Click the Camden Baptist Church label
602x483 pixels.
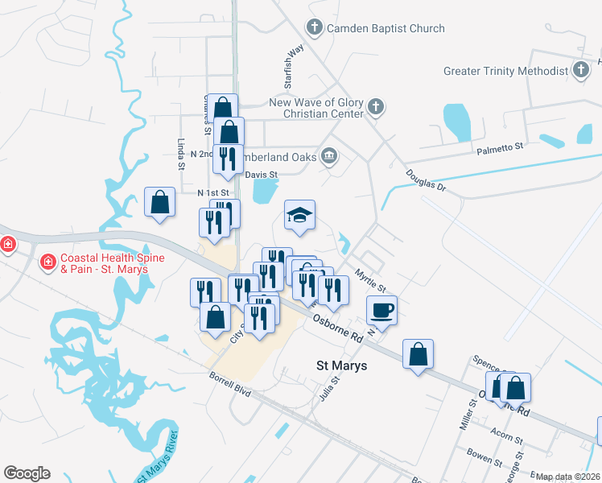(386, 29)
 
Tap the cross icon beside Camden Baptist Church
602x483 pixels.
(315, 29)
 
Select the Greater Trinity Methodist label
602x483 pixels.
(505, 71)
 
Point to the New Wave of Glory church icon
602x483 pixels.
(375, 107)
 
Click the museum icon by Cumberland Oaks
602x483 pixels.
(328, 155)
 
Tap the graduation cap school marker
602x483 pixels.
(299, 215)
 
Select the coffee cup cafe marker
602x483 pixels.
(382, 309)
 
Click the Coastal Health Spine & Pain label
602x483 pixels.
(104, 262)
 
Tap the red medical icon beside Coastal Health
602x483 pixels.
(47, 262)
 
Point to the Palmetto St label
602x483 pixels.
(500, 148)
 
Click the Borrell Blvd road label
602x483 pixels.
(230, 383)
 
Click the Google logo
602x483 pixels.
(27, 473)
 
